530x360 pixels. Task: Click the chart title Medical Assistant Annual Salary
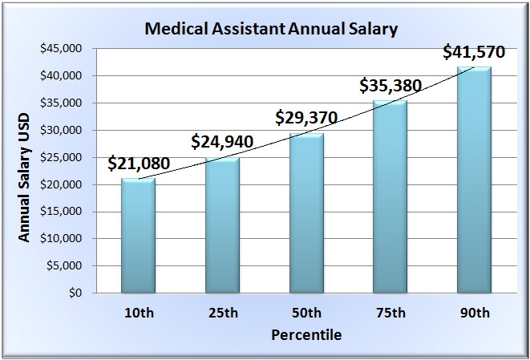click(270, 30)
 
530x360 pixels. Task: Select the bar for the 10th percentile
click(138, 236)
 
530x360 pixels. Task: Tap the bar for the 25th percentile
click(222, 225)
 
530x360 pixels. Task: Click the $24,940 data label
click(222, 143)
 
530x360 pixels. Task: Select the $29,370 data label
click(306, 118)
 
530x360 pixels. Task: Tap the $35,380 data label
click(390, 85)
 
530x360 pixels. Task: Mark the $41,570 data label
click(474, 53)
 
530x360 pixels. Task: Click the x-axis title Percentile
click(305, 335)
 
